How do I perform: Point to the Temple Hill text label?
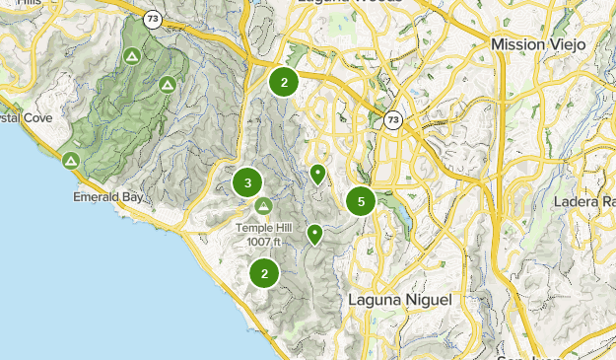(264, 228)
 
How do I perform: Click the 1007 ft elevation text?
(264, 242)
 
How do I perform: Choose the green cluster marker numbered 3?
(247, 182)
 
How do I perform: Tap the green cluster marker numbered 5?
(362, 201)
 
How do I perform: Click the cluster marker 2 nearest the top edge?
(284, 82)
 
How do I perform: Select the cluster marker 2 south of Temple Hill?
(264, 273)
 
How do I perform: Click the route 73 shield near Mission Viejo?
(393, 119)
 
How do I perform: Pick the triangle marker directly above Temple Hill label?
(263, 206)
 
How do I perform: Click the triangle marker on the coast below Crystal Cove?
(70, 160)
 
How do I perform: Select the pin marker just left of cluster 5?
(317, 175)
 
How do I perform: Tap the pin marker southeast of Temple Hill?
(314, 234)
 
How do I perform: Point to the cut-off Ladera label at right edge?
(591, 202)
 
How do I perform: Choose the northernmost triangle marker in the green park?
(132, 56)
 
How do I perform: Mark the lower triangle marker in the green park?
(168, 86)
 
